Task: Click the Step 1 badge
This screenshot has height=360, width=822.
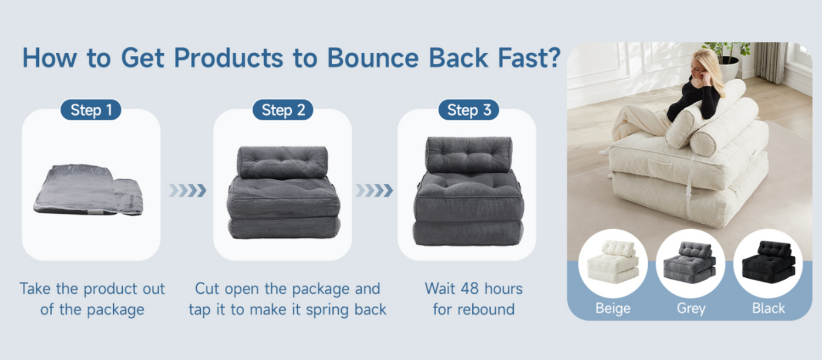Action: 90,110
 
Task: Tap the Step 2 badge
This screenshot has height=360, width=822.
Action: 283,110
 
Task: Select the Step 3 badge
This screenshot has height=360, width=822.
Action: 469,110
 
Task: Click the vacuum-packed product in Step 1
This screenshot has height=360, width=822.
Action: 89,190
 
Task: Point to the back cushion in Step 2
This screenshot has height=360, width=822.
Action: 282,162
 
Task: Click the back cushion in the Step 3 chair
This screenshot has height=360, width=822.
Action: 469,154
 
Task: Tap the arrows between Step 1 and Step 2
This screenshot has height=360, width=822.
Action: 187,190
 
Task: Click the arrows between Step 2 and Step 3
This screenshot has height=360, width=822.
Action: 375,190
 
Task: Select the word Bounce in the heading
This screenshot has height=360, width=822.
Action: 372,58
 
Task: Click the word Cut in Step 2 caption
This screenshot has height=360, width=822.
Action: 207,289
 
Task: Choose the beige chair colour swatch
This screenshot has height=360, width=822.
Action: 613,263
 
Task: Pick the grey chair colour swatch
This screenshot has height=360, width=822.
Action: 690,263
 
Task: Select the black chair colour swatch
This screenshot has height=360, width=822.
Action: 768,263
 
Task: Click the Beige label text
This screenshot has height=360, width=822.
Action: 613,308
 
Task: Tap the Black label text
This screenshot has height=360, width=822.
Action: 769,308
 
